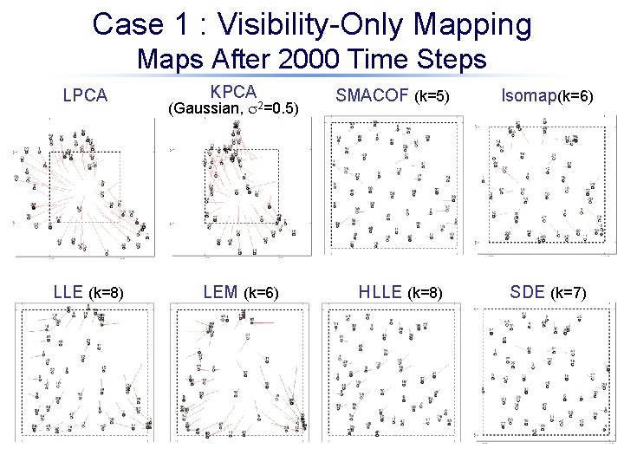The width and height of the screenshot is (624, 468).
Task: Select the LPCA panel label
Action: [x=86, y=95]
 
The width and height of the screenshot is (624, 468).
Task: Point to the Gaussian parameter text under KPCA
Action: [x=233, y=109]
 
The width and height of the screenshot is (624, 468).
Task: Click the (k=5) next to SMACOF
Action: [x=432, y=96]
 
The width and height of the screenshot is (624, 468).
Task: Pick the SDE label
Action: [x=528, y=292]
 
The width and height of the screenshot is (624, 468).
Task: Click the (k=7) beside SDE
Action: [x=569, y=293]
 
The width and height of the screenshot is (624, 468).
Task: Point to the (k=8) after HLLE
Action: [x=425, y=293]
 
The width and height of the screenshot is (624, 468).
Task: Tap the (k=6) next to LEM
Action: [x=260, y=293]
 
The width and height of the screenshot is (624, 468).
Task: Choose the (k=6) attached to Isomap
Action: [x=575, y=96]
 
